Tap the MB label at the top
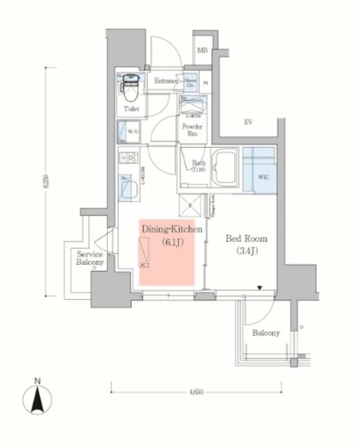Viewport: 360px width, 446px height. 202,50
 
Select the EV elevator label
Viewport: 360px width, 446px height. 247,122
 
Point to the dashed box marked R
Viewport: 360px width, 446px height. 190,206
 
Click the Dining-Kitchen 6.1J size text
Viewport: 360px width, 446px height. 172,243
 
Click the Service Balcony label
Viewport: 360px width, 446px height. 90,258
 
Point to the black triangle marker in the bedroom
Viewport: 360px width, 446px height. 259,288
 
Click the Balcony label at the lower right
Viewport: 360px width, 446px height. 266,333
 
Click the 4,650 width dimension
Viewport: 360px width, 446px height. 196,392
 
